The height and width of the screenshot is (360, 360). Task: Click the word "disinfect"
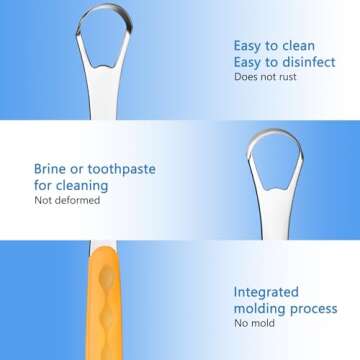tap(287, 61)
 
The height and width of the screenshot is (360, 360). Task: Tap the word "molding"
tap(259, 310)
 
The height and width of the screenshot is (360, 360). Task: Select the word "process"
tap(315, 310)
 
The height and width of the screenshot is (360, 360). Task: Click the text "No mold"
tap(256, 326)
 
